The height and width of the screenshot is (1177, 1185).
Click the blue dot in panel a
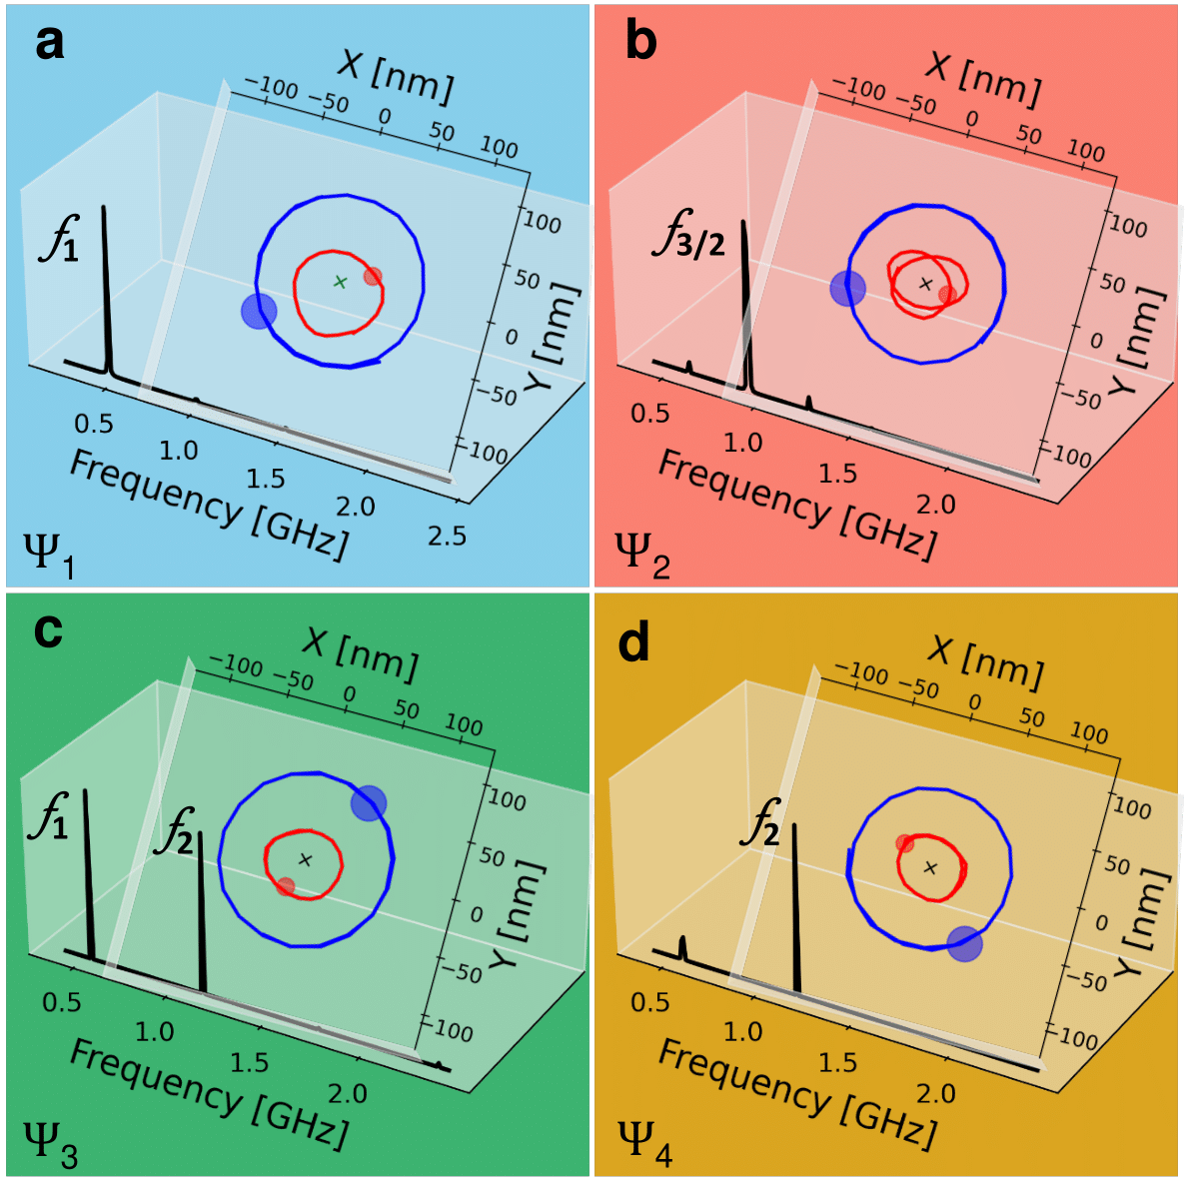258,311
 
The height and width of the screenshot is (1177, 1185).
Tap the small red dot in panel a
372,277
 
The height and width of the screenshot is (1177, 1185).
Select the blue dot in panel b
848,289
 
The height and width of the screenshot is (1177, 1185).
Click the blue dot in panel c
369,802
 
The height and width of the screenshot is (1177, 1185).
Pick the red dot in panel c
286,886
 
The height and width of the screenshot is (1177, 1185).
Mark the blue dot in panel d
964,944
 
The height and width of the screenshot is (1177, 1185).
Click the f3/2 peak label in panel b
688,237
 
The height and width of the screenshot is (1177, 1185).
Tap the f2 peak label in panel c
174,833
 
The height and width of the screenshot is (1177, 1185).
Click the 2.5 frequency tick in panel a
447,537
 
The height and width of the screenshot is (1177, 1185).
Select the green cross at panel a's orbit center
339,282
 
